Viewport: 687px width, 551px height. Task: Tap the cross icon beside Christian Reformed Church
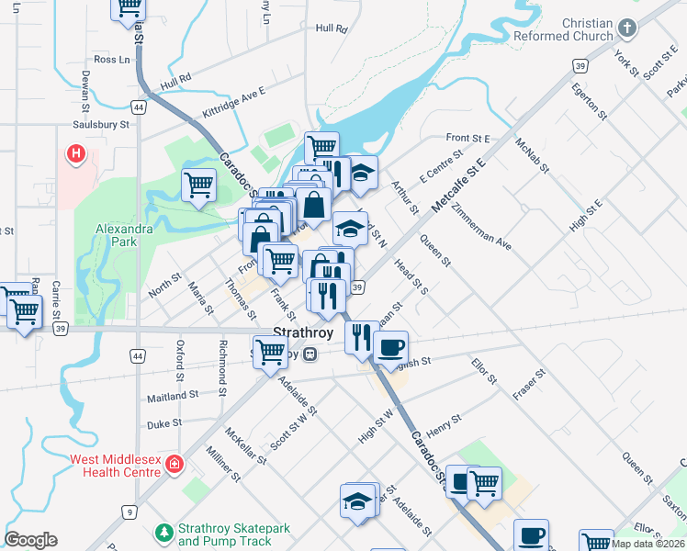tap(627, 28)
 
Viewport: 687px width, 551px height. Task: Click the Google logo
tap(30, 540)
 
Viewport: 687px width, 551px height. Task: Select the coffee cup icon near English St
tap(391, 349)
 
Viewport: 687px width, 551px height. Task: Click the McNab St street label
tap(532, 155)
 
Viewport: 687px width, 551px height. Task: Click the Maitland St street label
tap(173, 395)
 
